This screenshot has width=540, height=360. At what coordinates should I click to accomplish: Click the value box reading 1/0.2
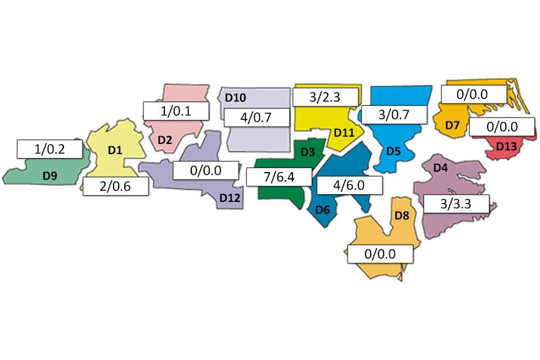click(49, 149)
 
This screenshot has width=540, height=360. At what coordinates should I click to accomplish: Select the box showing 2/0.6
click(116, 186)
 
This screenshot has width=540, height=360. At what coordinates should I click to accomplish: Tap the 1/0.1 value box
click(176, 111)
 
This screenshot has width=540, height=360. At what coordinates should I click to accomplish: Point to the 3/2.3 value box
click(325, 97)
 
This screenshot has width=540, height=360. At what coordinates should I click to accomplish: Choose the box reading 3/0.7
click(393, 115)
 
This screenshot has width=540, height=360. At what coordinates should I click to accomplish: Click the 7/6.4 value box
click(279, 177)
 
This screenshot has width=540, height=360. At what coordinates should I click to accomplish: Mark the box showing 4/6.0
click(349, 184)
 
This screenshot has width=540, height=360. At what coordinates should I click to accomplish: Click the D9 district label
click(50, 176)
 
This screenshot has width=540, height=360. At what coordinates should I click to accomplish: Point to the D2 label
click(164, 140)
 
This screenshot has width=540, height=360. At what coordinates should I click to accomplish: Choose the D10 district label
click(235, 98)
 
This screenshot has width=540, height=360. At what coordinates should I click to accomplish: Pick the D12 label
click(230, 197)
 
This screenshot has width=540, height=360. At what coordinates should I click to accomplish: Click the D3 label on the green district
click(307, 152)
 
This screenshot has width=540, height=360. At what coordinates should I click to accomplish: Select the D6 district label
click(322, 210)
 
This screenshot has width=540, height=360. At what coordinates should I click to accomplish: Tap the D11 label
click(344, 133)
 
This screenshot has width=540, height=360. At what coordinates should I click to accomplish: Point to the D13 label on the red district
click(506, 147)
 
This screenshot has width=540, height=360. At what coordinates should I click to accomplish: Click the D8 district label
click(402, 215)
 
